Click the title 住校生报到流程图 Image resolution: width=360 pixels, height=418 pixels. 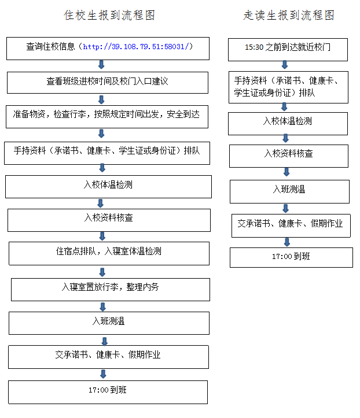click(x=109, y=15)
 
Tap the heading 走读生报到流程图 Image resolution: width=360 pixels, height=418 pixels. click(x=289, y=15)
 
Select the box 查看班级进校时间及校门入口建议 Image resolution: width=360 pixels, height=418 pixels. click(x=108, y=83)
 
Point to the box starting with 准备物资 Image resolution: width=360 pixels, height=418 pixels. click(x=107, y=117)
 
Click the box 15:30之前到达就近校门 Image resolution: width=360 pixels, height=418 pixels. click(x=288, y=50)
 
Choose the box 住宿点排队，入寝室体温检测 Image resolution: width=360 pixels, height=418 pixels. click(x=109, y=254)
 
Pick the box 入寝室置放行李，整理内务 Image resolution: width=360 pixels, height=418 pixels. click(x=111, y=290)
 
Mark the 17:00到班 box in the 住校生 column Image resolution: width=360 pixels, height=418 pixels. click(x=108, y=392)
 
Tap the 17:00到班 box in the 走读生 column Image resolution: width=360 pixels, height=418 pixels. click(x=291, y=257)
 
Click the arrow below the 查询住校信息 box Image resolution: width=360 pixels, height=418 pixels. click(x=101, y=65)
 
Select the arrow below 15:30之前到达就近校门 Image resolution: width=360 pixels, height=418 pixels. click(x=285, y=65)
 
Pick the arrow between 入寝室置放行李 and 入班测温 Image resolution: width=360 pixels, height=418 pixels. click(x=103, y=307)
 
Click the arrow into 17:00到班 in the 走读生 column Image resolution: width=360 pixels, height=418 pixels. click(x=287, y=242)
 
